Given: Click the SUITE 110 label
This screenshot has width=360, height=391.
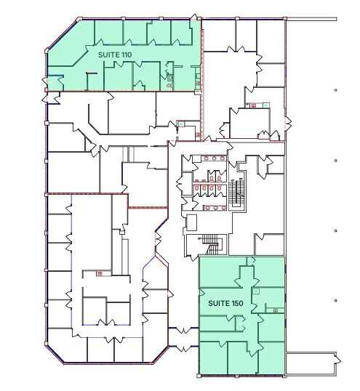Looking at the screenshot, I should pos(113,53).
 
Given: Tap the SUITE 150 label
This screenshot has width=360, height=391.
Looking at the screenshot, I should pos(224,302).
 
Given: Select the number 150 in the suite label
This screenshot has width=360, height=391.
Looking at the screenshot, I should pos(233,302).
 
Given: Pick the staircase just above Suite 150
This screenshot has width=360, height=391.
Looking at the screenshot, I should pos(212,245).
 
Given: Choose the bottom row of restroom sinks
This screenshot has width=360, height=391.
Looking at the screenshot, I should pos(212,205).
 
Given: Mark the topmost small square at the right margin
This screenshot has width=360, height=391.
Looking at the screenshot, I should pos(335,90).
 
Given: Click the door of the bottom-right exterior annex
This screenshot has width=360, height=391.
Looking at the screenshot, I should pos(337,358).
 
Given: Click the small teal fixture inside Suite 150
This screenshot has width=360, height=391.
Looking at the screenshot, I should pos(256,291).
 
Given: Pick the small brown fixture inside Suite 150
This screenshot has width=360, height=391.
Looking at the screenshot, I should pos(276,310).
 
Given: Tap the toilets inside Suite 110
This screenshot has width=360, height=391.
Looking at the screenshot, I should pos(172,78).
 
